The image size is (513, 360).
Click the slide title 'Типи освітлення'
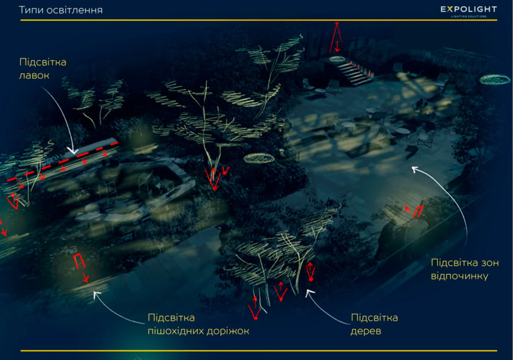61,10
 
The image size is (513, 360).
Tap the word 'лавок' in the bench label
34,75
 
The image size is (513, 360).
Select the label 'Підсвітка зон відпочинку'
465,269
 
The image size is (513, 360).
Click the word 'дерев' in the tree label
366,331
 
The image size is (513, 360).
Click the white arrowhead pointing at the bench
73,152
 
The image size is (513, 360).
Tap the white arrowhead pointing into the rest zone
415,169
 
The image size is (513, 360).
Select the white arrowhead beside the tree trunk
309,292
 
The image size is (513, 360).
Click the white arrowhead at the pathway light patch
96,295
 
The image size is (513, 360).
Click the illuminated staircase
355,72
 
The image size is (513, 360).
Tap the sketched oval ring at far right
495,79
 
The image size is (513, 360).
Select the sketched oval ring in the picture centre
259,158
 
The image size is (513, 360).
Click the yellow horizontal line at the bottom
259,350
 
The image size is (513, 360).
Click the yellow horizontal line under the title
259,20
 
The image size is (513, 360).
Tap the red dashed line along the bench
62,161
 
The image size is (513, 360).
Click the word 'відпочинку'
459,276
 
